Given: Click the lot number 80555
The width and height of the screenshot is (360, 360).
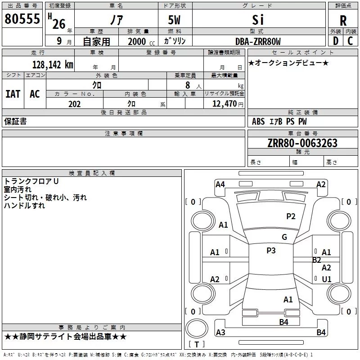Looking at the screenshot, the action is (22, 18).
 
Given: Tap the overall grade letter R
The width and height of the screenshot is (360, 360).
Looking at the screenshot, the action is (343, 21).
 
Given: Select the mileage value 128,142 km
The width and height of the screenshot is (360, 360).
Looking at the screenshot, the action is (53, 65).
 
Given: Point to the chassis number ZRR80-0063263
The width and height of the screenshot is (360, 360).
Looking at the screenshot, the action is (302, 143).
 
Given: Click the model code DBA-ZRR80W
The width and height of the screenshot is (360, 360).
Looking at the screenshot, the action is (258, 41).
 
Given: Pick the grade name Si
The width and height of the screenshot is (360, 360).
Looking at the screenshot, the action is (258, 20).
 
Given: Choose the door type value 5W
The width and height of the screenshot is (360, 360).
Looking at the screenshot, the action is (174, 20).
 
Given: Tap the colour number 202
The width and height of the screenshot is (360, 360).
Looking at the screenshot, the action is (74, 104).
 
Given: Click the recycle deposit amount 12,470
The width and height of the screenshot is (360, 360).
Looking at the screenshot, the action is (224, 104).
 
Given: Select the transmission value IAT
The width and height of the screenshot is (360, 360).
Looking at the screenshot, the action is (13, 94).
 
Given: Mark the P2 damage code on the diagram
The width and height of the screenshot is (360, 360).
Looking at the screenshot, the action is (291, 216).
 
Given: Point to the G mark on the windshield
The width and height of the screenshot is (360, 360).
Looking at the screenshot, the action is (284, 237).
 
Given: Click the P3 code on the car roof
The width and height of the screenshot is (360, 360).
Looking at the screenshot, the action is (271, 251).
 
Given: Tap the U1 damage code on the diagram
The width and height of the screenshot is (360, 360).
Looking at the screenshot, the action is (327, 279).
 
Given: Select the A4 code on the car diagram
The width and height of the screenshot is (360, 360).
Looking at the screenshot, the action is (220, 184).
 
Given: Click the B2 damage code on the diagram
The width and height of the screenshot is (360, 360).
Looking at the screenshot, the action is (316, 260).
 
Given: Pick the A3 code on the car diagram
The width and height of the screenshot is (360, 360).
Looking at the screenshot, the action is (220, 332).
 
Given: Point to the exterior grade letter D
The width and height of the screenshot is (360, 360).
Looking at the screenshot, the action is (335, 41).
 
